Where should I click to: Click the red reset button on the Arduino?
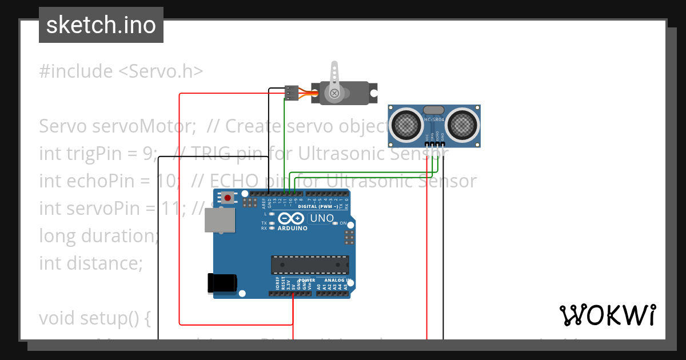pos(228,198)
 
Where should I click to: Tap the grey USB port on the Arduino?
pos(220,219)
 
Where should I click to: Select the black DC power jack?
pos(222,282)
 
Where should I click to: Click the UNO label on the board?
pos(321,218)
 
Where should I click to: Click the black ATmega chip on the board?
pos(310,265)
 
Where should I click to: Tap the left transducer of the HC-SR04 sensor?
pos(406,123)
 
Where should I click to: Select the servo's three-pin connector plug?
pos(292,93)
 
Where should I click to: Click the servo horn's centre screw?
pos(333,93)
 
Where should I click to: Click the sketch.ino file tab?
pos(101,25)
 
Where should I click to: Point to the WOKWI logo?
pos(607,315)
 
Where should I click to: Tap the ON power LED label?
pos(343,223)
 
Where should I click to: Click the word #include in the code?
pos(76,71)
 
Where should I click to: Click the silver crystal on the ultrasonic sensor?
pos(433,109)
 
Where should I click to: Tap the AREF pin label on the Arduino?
pos(264,201)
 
